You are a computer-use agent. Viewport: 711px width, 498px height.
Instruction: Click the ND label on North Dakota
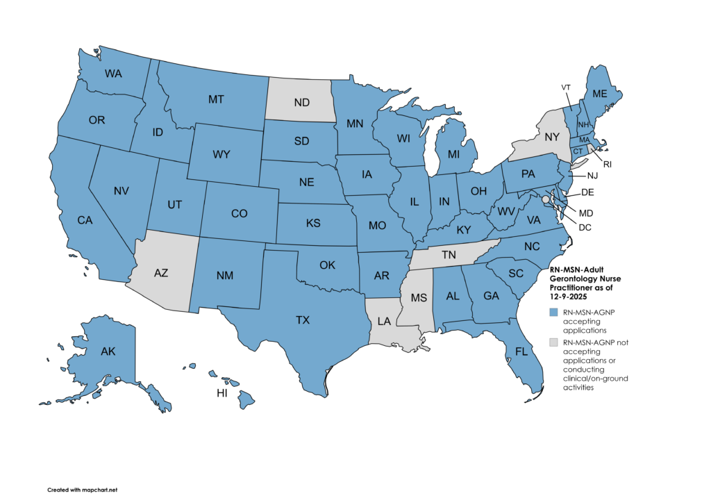coord(301,103)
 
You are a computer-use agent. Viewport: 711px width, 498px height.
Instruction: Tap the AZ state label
coord(160,273)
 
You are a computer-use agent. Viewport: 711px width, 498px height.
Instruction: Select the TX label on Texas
coord(303,320)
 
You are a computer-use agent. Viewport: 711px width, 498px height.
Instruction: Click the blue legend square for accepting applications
coord(553,313)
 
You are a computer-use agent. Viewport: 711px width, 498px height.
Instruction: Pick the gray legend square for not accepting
coord(553,342)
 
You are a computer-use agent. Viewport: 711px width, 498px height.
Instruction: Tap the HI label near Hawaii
coord(222,393)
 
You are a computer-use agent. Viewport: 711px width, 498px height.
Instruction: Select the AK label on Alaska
coord(108,351)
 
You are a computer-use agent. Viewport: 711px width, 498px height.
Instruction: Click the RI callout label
coord(607,165)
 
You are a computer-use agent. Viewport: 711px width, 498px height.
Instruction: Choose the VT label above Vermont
coord(567,87)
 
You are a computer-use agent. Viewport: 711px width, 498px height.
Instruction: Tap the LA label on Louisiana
coord(383,320)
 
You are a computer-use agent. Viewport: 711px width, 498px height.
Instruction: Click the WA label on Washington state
coord(114,74)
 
